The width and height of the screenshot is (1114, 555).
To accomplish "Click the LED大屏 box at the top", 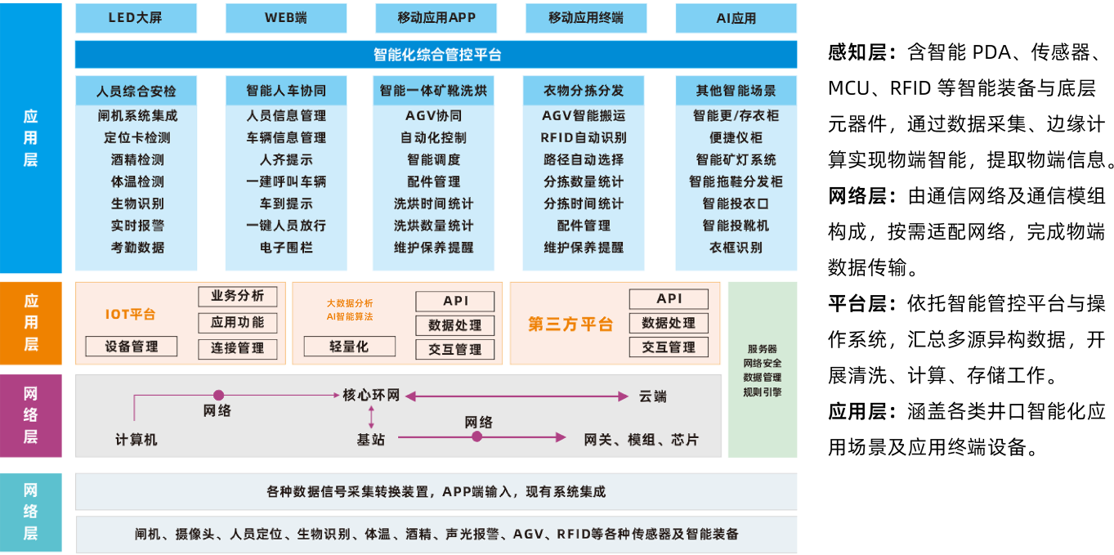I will pos(136,18).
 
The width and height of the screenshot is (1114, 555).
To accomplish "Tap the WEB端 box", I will pos(286,18).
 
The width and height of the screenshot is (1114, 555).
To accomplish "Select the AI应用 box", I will pos(736,18).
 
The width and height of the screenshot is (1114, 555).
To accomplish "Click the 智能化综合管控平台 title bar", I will pos(436,55).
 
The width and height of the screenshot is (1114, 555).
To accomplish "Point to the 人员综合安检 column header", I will pos(136,91).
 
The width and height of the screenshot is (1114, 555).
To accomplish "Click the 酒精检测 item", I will pos(137,160).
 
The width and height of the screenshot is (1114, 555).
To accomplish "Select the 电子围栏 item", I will pos(286,248).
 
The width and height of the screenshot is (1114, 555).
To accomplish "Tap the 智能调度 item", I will pos(433,160).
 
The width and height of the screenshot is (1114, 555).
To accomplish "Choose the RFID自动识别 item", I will pos(584,138).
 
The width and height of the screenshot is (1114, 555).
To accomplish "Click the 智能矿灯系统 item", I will pos(736,160).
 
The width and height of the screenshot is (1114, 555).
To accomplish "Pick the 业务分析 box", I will pos(238,296).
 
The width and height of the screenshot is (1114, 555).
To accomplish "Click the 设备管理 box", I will pos(132,347).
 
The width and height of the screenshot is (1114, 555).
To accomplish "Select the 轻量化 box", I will pos(349,347).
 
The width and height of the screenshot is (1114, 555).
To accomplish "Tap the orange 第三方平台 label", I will pos(570,324).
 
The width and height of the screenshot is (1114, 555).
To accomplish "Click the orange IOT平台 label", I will pos(130,315).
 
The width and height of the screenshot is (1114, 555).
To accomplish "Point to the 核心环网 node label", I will pos(371,396).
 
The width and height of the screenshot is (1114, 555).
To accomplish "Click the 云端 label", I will pos(652,396).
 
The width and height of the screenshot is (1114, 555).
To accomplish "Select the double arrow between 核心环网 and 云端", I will pos(517,396).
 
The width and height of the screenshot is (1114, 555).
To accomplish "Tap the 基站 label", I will pos(370,440).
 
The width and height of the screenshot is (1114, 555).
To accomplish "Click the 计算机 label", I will pos(136,440).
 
